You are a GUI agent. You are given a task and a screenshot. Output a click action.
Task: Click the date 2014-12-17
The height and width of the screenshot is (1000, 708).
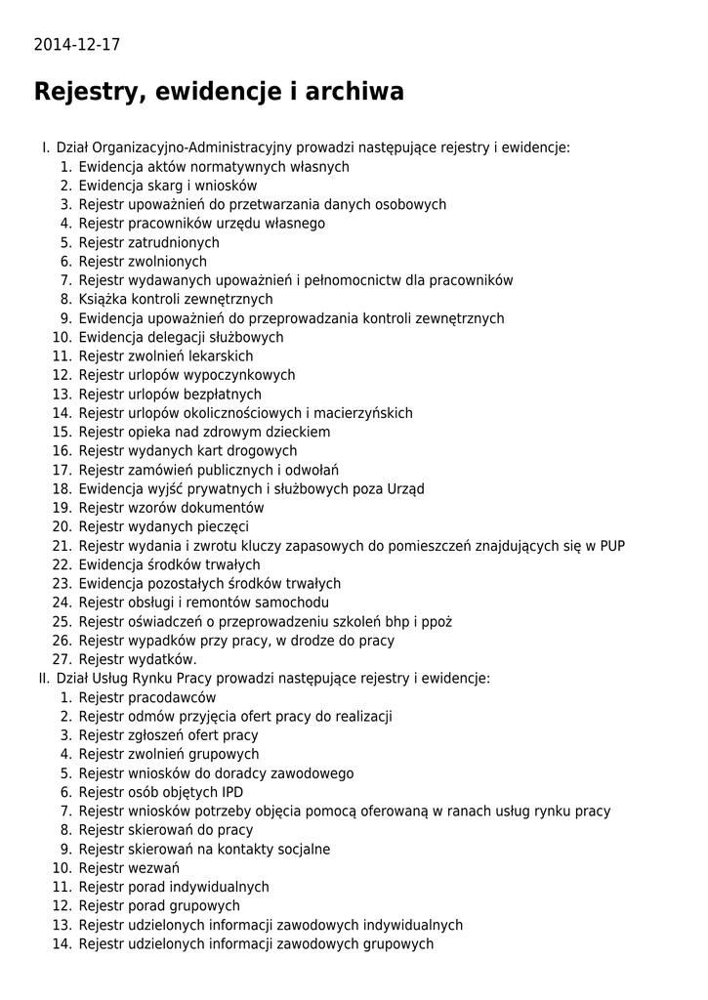(77, 45)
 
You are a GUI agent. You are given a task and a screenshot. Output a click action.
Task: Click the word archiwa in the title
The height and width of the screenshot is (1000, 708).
(354, 92)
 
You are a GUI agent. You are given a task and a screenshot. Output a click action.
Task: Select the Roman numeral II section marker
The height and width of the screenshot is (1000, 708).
(43, 679)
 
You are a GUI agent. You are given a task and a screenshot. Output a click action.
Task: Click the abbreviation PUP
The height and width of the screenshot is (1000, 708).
(612, 546)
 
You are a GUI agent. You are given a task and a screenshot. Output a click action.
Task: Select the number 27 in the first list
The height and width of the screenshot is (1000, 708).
(62, 659)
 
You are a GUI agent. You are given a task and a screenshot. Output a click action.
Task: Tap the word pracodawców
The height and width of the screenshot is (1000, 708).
(172, 697)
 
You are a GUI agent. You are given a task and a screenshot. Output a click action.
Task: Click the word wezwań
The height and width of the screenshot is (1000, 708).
(153, 868)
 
